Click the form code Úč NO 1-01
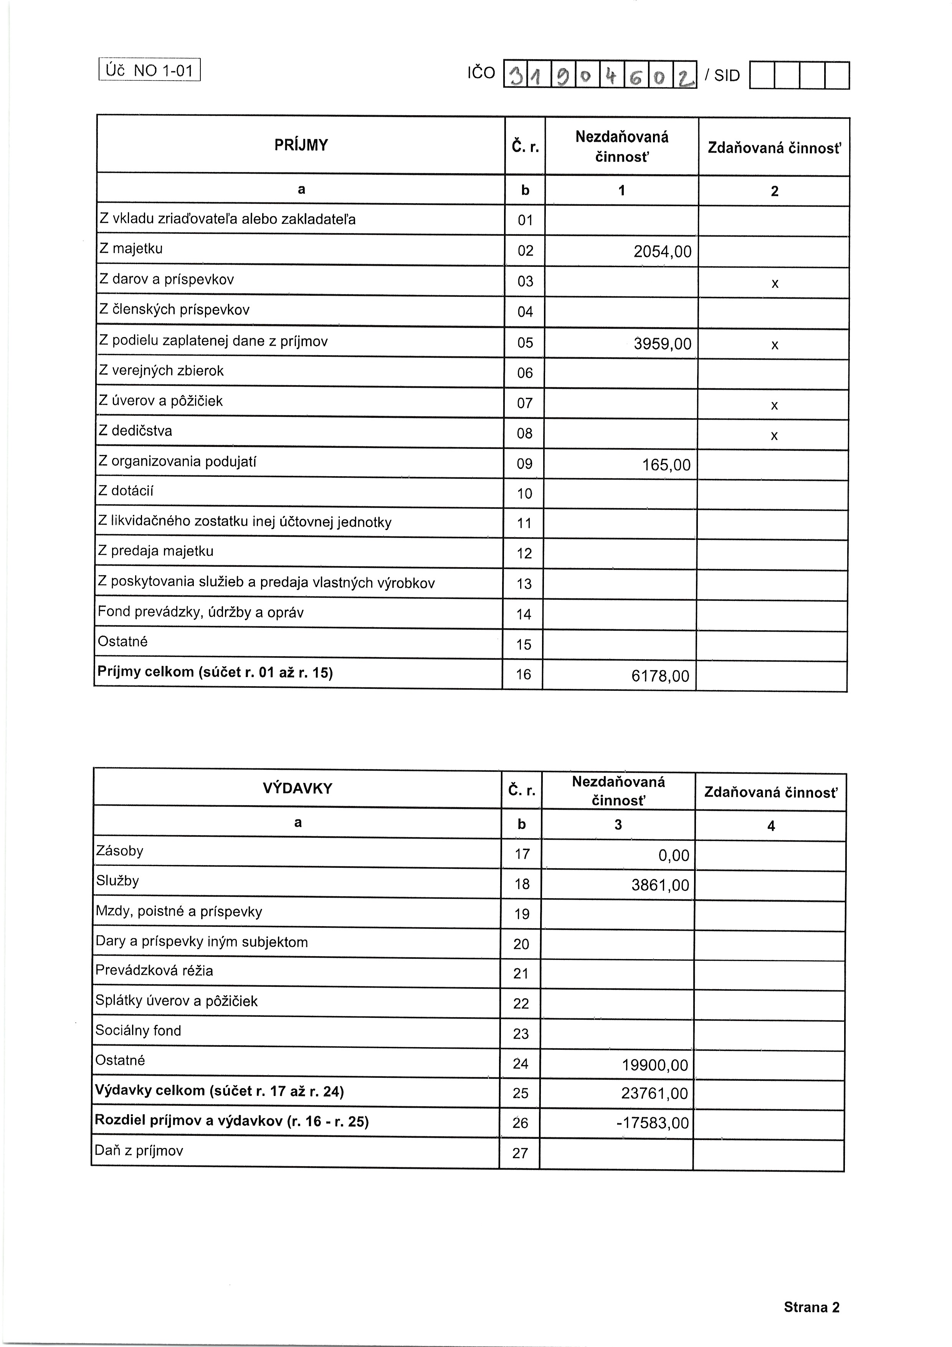click(x=150, y=70)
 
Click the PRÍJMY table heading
click(x=301, y=145)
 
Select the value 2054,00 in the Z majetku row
click(x=662, y=252)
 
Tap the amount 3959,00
click(x=662, y=344)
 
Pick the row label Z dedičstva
click(x=136, y=431)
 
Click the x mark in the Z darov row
click(x=774, y=284)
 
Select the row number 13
click(x=524, y=584)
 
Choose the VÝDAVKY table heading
click(x=297, y=788)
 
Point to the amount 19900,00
click(x=654, y=1065)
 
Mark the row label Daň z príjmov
click(x=139, y=1151)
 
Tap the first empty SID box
click(x=762, y=76)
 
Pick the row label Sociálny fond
click(x=139, y=1031)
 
